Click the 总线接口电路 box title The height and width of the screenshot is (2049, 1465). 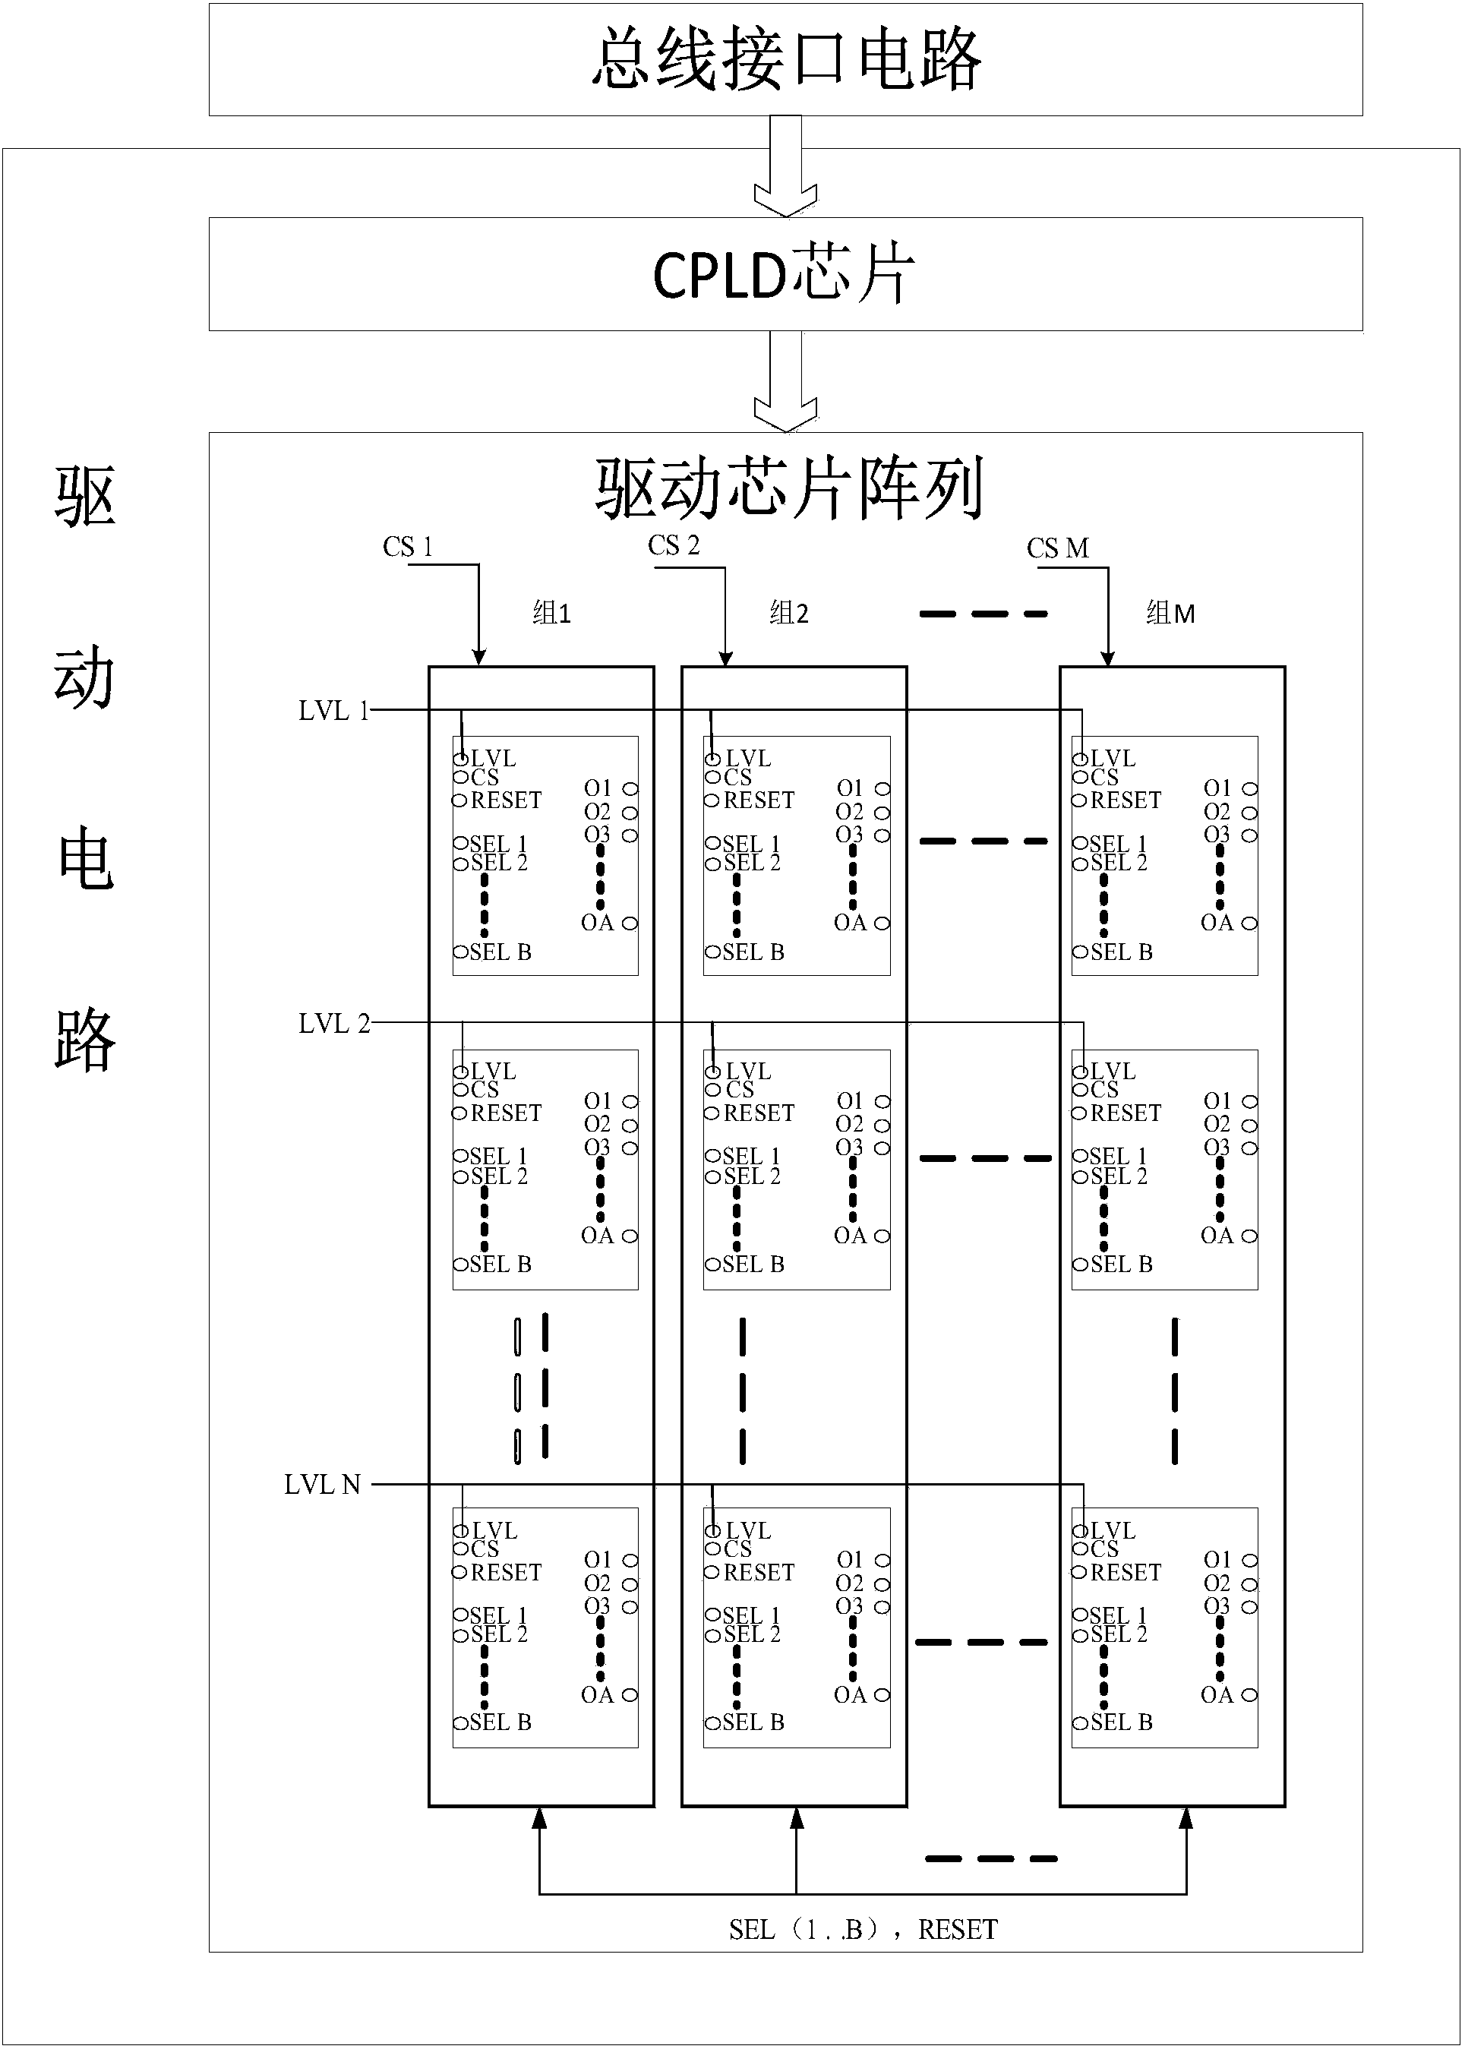pos(786,59)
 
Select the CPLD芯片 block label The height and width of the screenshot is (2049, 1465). pos(784,274)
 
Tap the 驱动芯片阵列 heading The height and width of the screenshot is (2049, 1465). pos(788,489)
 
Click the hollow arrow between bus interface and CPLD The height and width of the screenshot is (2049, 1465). pos(786,168)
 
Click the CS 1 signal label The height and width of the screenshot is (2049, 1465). pos(408,548)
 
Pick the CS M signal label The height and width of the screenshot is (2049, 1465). pos(1057,548)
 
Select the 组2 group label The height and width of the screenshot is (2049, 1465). pos(789,614)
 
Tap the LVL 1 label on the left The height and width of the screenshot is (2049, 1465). pos(333,711)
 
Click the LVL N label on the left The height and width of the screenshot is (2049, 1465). pos(322,1485)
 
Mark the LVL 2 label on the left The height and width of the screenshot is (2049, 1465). pos(333,1024)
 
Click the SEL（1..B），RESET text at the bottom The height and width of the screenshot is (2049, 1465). pos(864,1930)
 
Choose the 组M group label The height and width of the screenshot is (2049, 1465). pos(1170,614)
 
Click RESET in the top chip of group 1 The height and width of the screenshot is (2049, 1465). pos(505,800)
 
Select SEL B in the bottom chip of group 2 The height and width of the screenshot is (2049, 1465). pos(753,1722)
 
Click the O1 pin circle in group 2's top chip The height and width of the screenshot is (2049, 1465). pos(882,788)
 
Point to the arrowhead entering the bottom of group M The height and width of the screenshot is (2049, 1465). pos(1186,1820)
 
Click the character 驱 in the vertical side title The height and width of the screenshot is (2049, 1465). pos(85,496)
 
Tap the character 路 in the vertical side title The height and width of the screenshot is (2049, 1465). pos(85,1040)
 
